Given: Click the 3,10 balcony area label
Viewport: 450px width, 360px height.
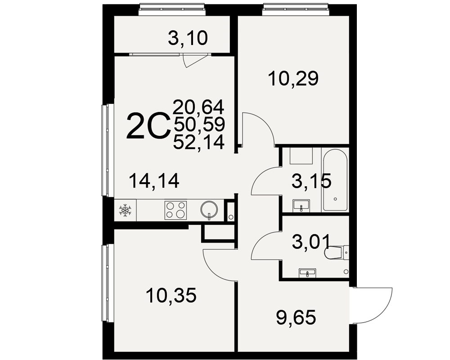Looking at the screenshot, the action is [x=188, y=38].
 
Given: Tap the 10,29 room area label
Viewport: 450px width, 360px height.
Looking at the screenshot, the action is [x=293, y=79].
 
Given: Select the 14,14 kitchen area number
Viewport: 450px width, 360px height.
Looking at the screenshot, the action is [x=154, y=181].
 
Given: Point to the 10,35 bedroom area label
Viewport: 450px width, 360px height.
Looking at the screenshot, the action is [x=171, y=295].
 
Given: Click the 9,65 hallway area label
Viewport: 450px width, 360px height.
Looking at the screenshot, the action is [x=296, y=318].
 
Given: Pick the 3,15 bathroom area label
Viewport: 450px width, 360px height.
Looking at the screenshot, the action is [x=311, y=181].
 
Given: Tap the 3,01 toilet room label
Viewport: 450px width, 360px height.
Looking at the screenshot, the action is [x=311, y=242].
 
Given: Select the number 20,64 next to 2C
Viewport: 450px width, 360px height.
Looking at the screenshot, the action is [x=198, y=107].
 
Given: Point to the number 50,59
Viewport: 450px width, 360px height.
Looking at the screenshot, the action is [x=199, y=124].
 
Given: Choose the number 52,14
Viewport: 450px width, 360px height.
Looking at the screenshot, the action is [x=198, y=142].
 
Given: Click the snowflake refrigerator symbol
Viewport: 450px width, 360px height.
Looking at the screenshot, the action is [x=125, y=211].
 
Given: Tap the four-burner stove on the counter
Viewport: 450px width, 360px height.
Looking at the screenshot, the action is [x=175, y=211].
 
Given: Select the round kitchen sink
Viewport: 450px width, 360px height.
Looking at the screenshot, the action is [x=209, y=210].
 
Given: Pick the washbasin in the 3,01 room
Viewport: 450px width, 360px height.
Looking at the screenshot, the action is [x=307, y=273].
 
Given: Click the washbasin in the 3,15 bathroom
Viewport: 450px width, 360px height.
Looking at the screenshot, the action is [x=301, y=206].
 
